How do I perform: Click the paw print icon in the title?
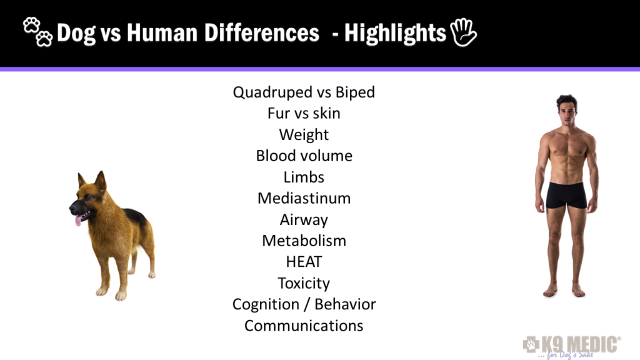click(x=37, y=32)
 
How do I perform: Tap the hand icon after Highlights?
click(x=464, y=32)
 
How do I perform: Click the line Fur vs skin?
click(x=304, y=114)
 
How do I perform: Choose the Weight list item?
click(x=304, y=135)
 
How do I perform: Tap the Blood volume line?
click(x=304, y=156)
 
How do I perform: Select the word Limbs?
click(x=304, y=177)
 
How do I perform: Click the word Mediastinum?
click(x=304, y=198)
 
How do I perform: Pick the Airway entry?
click(x=304, y=219)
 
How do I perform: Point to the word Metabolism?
click(x=304, y=241)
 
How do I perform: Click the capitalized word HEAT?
click(x=304, y=262)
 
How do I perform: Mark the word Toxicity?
click(x=304, y=283)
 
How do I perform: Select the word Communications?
click(x=304, y=326)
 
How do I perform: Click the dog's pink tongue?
click(x=78, y=220)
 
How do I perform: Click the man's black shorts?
click(x=566, y=195)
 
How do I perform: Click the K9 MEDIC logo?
click(x=572, y=344)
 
